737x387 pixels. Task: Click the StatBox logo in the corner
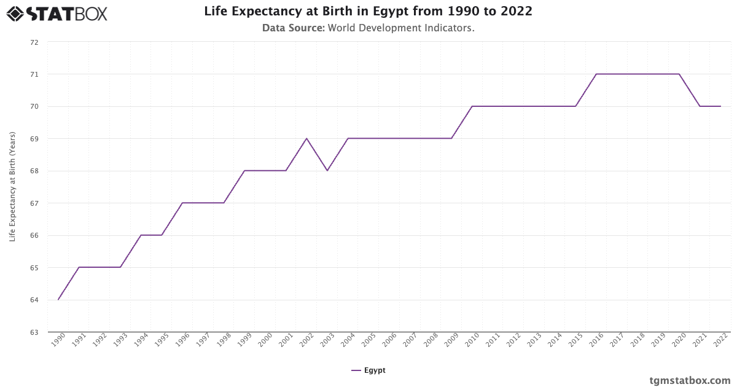pyautogui.click(x=57, y=14)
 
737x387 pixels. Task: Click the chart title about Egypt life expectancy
pyautogui.click(x=368, y=11)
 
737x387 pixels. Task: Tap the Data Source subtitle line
pyautogui.click(x=368, y=28)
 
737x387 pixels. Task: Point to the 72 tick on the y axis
pyautogui.click(x=34, y=42)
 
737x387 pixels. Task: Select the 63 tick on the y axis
pyautogui.click(x=34, y=332)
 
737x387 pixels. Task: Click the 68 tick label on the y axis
pyautogui.click(x=34, y=171)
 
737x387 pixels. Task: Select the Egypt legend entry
pyautogui.click(x=368, y=370)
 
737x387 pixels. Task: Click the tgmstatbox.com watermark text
pyautogui.click(x=690, y=380)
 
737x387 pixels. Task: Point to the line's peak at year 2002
pyautogui.click(x=306, y=138)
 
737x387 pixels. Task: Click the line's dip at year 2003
pyautogui.click(x=327, y=171)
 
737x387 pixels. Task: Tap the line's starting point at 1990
pyautogui.click(x=58, y=300)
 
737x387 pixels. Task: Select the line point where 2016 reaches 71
pyautogui.click(x=596, y=74)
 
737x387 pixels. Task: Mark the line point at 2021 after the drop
pyautogui.click(x=700, y=106)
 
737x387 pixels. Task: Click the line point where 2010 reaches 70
pyautogui.click(x=472, y=106)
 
